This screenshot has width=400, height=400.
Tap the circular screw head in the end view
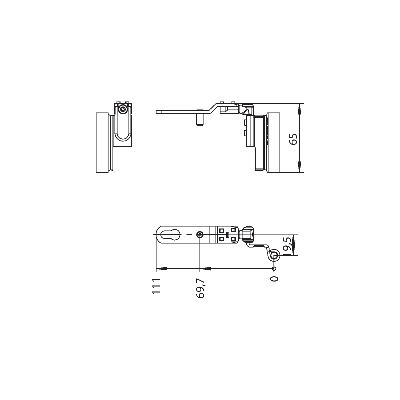[123, 109]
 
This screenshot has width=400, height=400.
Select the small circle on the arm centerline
[200, 235]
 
